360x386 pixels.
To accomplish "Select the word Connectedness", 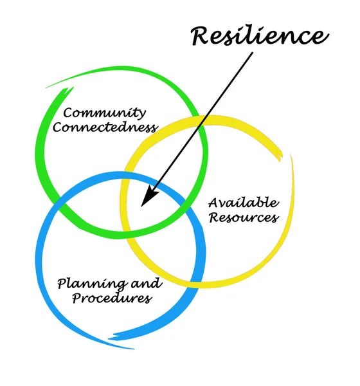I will (x=105, y=127).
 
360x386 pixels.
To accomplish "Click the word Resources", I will (x=243, y=217).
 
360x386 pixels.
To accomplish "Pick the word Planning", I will (x=82, y=283).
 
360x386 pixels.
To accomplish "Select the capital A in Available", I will (x=213, y=203).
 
